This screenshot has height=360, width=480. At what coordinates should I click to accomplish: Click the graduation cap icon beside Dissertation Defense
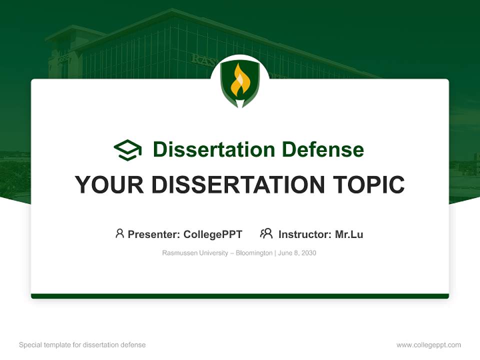point(127,150)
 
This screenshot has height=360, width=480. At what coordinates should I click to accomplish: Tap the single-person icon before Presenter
point(119,233)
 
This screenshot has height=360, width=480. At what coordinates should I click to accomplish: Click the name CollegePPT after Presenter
point(213,234)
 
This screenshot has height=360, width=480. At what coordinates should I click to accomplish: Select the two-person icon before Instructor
point(266,233)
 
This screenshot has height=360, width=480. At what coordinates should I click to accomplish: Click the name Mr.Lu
point(349,234)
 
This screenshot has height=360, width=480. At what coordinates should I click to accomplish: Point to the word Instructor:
point(304,234)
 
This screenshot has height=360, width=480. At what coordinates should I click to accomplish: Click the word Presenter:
point(154,234)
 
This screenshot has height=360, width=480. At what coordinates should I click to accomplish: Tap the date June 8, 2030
point(297,253)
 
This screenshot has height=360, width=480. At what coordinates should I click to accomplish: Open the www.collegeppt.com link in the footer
point(428,345)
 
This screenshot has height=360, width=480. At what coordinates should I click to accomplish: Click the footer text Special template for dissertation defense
point(82,345)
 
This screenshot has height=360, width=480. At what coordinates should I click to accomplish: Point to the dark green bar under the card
point(240,296)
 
